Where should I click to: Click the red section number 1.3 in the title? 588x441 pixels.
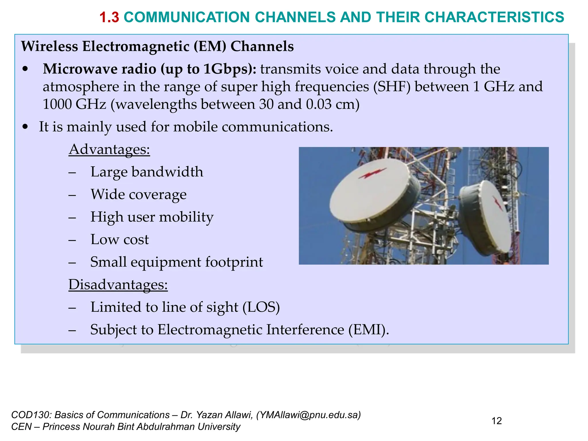pyautogui.click(x=109, y=17)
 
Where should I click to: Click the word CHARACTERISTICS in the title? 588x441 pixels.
pyautogui.click(x=494, y=17)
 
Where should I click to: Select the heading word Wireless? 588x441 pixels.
pyautogui.click(x=49, y=46)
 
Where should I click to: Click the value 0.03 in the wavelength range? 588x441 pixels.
pyautogui.click(x=318, y=104)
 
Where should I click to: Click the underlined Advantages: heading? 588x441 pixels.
pyautogui.click(x=109, y=149)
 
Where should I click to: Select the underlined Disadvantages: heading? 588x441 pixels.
pyautogui.click(x=118, y=285)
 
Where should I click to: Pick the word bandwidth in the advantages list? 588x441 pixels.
pyautogui.click(x=167, y=172)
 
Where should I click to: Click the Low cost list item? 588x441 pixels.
pyautogui.click(x=119, y=239)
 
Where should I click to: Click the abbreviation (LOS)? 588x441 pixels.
pyautogui.click(x=261, y=307)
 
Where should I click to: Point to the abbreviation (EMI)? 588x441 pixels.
pyautogui.click(x=369, y=330)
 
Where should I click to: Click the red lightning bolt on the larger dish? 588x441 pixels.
pyautogui.click(x=372, y=173)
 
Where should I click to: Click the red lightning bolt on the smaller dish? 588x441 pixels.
pyautogui.click(x=498, y=203)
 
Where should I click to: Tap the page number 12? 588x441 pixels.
pyautogui.click(x=496, y=421)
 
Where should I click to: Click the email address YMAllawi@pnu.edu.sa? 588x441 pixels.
pyautogui.click(x=308, y=415)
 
